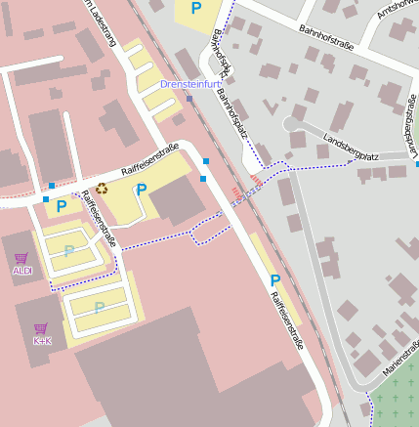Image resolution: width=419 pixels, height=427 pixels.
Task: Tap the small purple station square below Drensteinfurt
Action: click(189, 98)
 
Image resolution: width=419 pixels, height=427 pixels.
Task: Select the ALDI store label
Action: click(21, 271)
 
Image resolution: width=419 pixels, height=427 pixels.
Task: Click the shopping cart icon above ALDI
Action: click(21, 258)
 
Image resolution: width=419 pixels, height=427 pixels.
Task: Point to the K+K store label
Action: click(41, 341)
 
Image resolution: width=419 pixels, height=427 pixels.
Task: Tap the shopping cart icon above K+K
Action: click(41, 328)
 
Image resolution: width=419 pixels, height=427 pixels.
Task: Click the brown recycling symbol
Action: click(101, 189)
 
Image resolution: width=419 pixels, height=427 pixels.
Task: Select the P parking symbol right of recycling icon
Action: click(141, 190)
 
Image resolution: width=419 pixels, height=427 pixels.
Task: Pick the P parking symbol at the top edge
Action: click(196, 9)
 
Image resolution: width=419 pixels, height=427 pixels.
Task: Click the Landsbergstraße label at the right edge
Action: click(413, 128)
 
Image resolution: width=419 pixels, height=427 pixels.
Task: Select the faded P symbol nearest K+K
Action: click(99, 308)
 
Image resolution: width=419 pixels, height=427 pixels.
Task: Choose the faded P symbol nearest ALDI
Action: click(69, 251)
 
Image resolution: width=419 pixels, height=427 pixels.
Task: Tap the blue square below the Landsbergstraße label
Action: click(417, 164)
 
